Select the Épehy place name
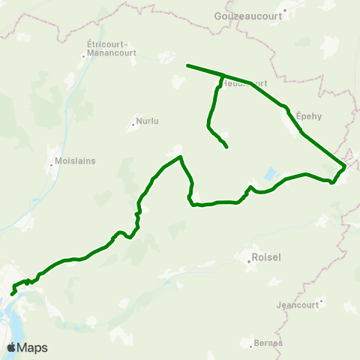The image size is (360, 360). pyautogui.click(x=308, y=115)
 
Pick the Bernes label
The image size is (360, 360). pyautogui.click(x=268, y=342)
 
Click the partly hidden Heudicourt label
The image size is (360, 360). pyautogui.click(x=244, y=83)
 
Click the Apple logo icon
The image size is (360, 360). pyautogui.click(x=11, y=347)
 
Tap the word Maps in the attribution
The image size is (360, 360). pyautogui.click(x=32, y=347)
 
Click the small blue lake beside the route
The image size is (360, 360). pyautogui.click(x=268, y=177)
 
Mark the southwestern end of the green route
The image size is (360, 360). pyautogui.click(x=12, y=294)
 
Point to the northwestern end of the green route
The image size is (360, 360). pyautogui.click(x=187, y=65)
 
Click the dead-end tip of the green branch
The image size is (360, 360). pyautogui.click(x=226, y=147)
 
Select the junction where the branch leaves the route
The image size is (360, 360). pyautogui.click(x=223, y=75)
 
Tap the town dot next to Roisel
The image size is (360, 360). pyautogui.click(x=249, y=260)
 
